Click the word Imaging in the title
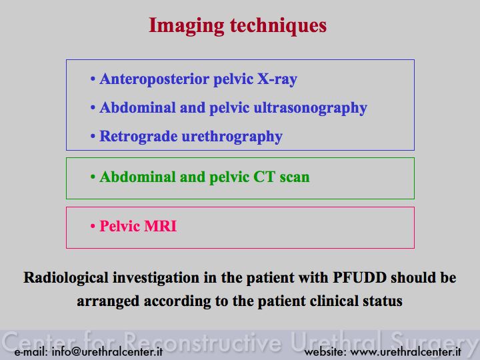(187, 26)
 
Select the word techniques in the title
(278, 26)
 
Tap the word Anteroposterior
(154, 79)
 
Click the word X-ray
(277, 79)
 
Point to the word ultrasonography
(311, 109)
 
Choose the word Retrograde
(139, 137)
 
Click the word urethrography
(232, 137)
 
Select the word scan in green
(295, 177)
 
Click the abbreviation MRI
(161, 226)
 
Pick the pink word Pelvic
(120, 226)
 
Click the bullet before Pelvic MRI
(93, 227)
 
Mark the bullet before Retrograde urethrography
(93, 137)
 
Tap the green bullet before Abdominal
(93, 177)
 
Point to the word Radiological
(66, 278)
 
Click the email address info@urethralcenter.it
(107, 352)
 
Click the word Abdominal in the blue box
(137, 108)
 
